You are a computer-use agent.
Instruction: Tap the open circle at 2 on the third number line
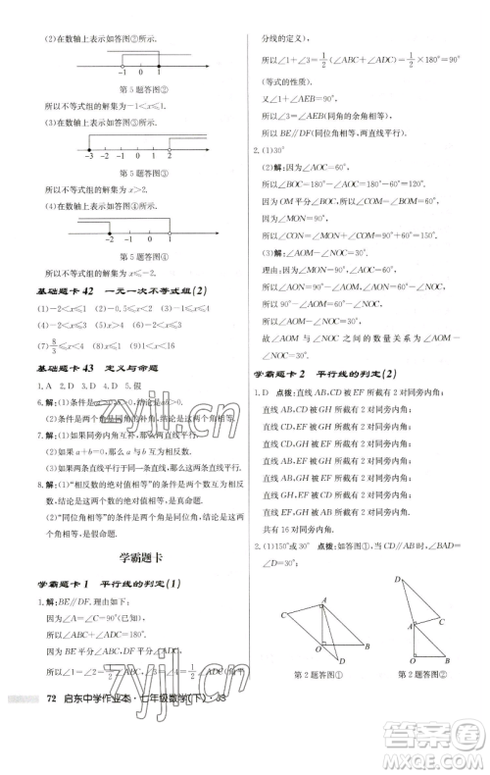169,145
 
